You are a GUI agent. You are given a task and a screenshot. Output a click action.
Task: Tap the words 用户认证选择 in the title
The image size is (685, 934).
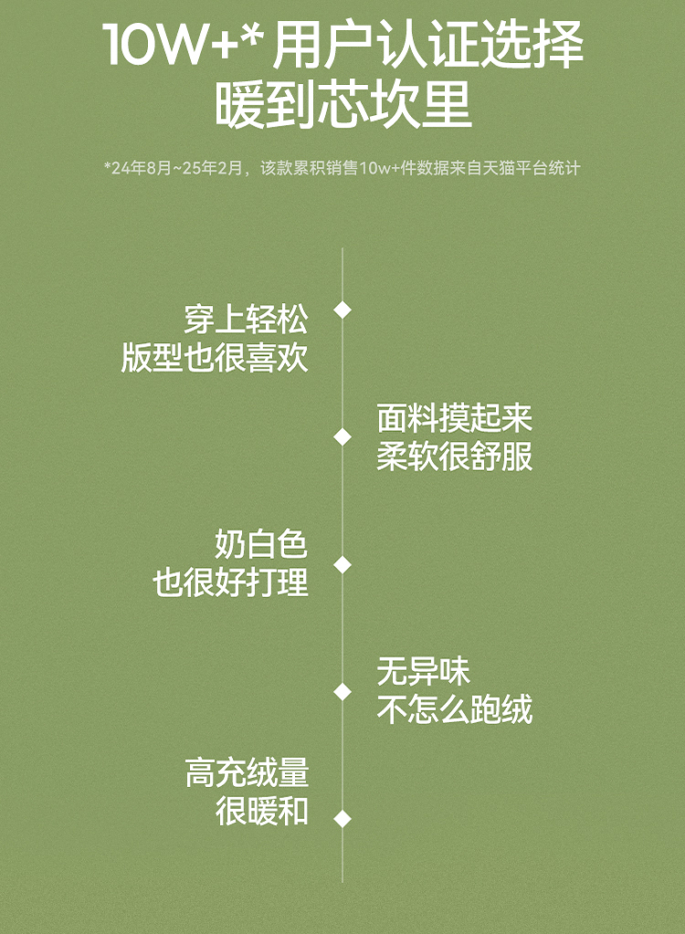427,46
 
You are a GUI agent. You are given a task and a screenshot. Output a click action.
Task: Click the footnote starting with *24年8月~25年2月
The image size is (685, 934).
342,168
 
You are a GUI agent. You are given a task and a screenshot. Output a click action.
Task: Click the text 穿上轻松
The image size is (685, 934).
246,320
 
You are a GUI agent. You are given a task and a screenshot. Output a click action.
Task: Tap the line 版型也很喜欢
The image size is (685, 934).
215,358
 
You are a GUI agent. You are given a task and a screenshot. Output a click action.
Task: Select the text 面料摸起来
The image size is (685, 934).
454,418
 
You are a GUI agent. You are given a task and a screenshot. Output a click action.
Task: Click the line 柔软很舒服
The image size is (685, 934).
454,457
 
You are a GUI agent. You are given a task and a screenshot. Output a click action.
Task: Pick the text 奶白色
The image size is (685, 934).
261,545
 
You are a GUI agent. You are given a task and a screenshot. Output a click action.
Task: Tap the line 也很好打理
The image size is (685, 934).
230,583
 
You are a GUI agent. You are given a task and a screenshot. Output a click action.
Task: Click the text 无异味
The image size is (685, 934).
423,672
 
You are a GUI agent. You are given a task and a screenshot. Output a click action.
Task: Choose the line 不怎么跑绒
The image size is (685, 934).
454,710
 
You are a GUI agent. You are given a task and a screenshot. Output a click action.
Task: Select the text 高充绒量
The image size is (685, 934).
247,773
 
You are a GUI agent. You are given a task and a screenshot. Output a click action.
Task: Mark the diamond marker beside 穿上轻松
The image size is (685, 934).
342,310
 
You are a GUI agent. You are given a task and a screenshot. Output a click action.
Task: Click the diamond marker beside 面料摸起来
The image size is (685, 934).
342,437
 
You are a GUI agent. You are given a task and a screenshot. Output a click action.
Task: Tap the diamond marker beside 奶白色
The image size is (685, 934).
342,565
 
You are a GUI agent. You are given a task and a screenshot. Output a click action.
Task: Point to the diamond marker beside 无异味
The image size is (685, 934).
342,692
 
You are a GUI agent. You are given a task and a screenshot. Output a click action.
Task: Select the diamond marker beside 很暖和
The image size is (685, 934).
342,819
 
